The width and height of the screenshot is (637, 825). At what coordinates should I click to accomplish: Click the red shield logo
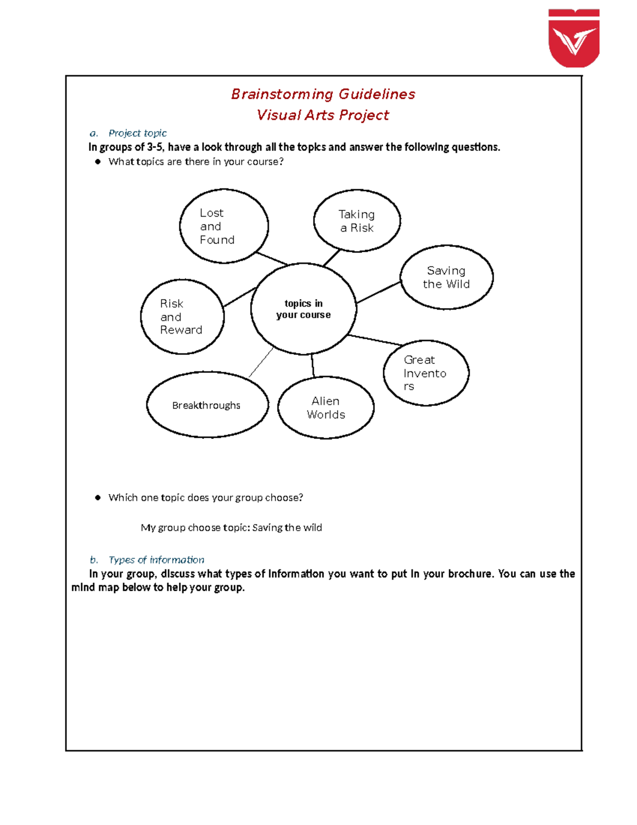[x=574, y=38]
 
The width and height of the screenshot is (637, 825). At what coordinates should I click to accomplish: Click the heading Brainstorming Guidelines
[x=323, y=95]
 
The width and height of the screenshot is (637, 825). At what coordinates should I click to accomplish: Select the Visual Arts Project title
[x=323, y=115]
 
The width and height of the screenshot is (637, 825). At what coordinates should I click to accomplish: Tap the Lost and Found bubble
[x=224, y=226]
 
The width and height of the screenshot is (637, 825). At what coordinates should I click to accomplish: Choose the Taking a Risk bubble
[x=357, y=221]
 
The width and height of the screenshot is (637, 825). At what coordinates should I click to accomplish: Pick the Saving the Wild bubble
[x=446, y=277]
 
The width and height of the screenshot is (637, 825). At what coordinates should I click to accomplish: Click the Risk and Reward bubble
[x=182, y=317]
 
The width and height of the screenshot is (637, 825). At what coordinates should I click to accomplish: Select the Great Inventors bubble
[x=426, y=373]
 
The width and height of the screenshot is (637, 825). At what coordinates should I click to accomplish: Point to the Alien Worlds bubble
[x=326, y=408]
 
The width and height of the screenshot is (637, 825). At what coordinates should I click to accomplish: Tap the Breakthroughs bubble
[x=207, y=405]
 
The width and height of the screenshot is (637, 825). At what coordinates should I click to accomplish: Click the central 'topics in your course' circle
[x=303, y=309]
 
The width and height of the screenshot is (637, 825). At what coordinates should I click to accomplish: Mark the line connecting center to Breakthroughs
[x=261, y=362]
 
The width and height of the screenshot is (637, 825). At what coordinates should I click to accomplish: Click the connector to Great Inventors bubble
[x=375, y=340]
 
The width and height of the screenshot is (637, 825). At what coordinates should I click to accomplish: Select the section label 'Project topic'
[x=137, y=133]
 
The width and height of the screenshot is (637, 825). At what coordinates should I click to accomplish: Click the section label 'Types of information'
[x=156, y=560]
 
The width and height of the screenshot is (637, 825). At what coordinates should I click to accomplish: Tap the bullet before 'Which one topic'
[x=98, y=498]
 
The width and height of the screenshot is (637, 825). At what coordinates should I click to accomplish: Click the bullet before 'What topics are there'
[x=98, y=162]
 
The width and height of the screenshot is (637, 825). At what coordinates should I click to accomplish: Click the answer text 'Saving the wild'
[x=287, y=528]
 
